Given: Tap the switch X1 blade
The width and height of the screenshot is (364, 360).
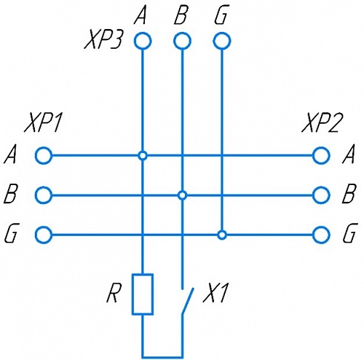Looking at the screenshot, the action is click(x=188, y=301).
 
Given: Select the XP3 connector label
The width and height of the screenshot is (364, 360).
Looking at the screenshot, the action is click(x=103, y=40).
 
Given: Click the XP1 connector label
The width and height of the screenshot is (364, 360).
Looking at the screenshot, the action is click(x=43, y=123).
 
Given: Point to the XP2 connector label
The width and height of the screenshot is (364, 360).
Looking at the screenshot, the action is click(x=320, y=123).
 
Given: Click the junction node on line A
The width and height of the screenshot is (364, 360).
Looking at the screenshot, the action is click(x=143, y=155).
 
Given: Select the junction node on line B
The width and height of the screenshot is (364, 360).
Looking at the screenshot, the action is click(x=182, y=195).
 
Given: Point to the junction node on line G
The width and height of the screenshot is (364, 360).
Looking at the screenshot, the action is click(x=222, y=235).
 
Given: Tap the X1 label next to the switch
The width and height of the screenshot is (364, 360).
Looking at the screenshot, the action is click(x=215, y=294).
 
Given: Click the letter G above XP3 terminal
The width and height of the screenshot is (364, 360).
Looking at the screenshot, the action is click(x=221, y=16).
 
